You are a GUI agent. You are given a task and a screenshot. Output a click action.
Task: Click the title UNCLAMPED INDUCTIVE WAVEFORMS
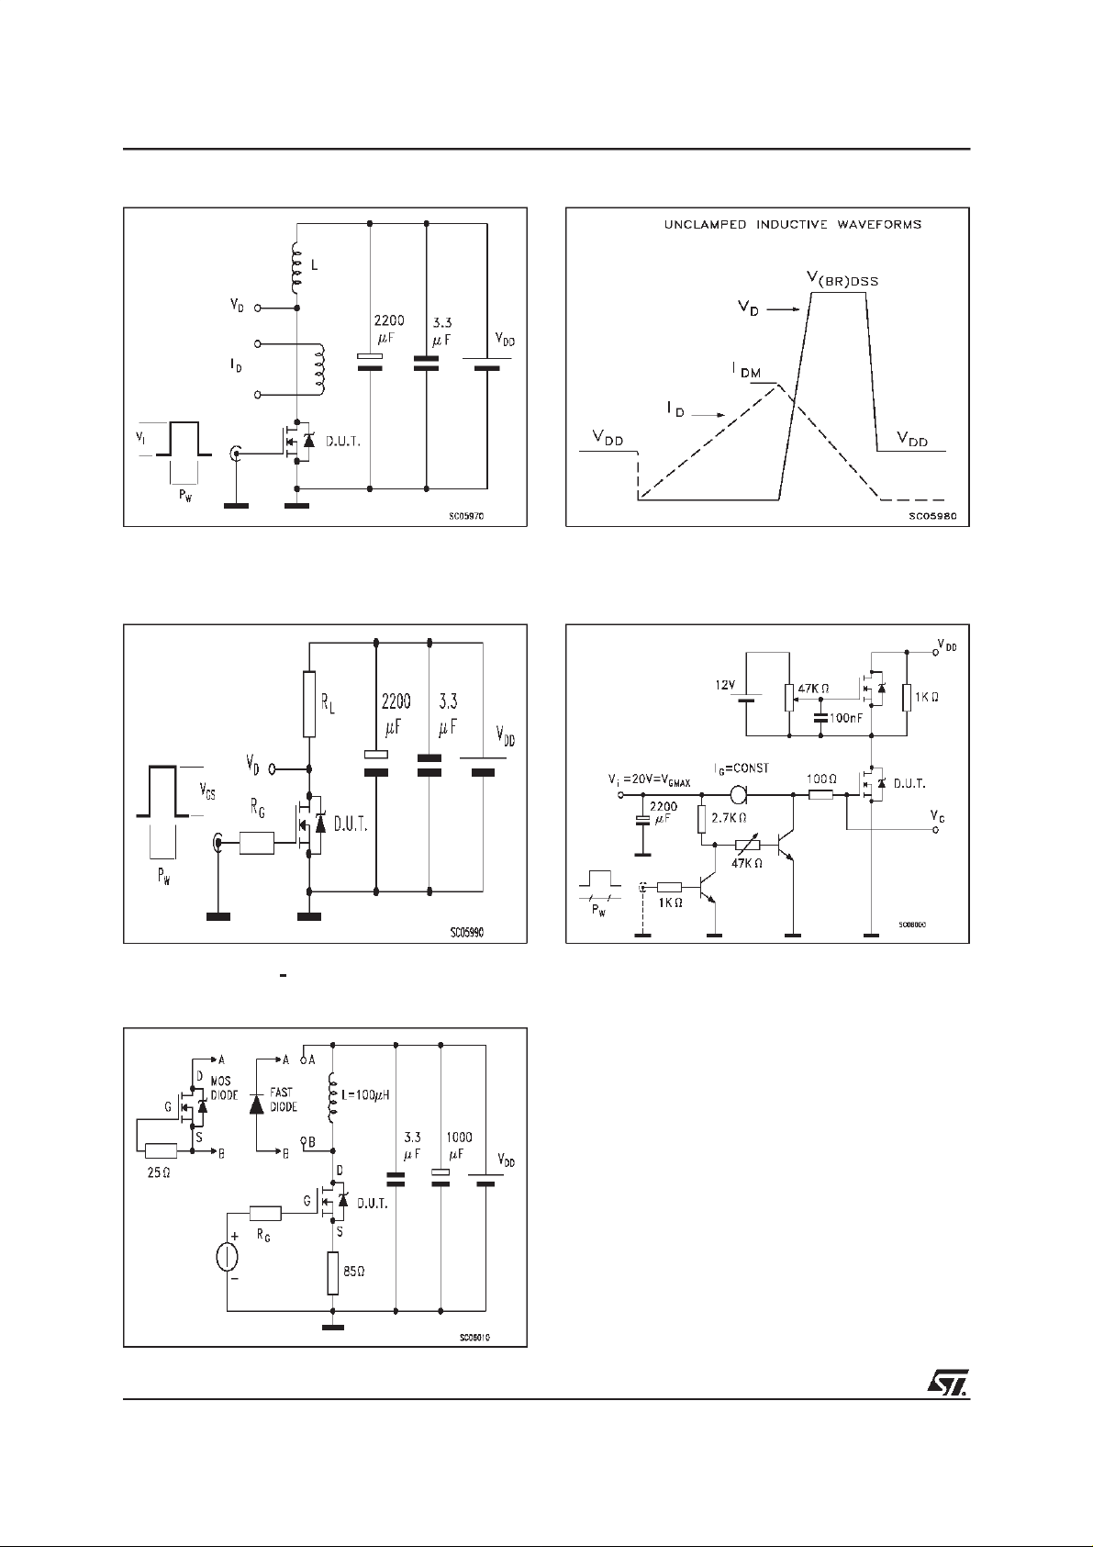(x=793, y=224)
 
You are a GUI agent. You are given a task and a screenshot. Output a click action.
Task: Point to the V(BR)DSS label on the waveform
(x=836, y=280)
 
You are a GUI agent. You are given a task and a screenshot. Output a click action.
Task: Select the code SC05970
(x=466, y=517)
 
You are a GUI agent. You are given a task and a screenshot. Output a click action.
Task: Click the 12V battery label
(x=728, y=686)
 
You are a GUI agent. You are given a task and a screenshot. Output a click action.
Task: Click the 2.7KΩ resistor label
(x=731, y=816)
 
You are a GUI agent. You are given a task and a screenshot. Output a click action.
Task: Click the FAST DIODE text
(x=284, y=1100)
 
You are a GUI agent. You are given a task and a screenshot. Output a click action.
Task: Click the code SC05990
(x=467, y=932)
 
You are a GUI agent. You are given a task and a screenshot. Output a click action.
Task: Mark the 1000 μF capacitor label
(x=460, y=1145)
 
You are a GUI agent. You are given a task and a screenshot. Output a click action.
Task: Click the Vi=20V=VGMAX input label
(x=650, y=779)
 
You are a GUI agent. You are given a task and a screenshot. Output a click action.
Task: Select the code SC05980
(x=932, y=517)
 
